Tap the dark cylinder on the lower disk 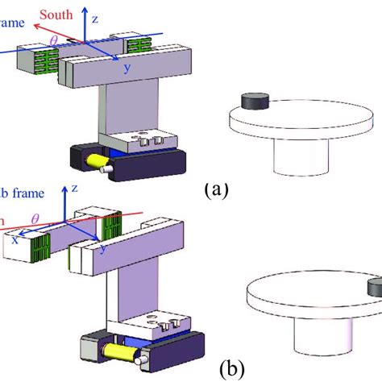click(374, 288)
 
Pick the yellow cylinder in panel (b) click(116, 351)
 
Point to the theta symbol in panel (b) click(34, 218)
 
